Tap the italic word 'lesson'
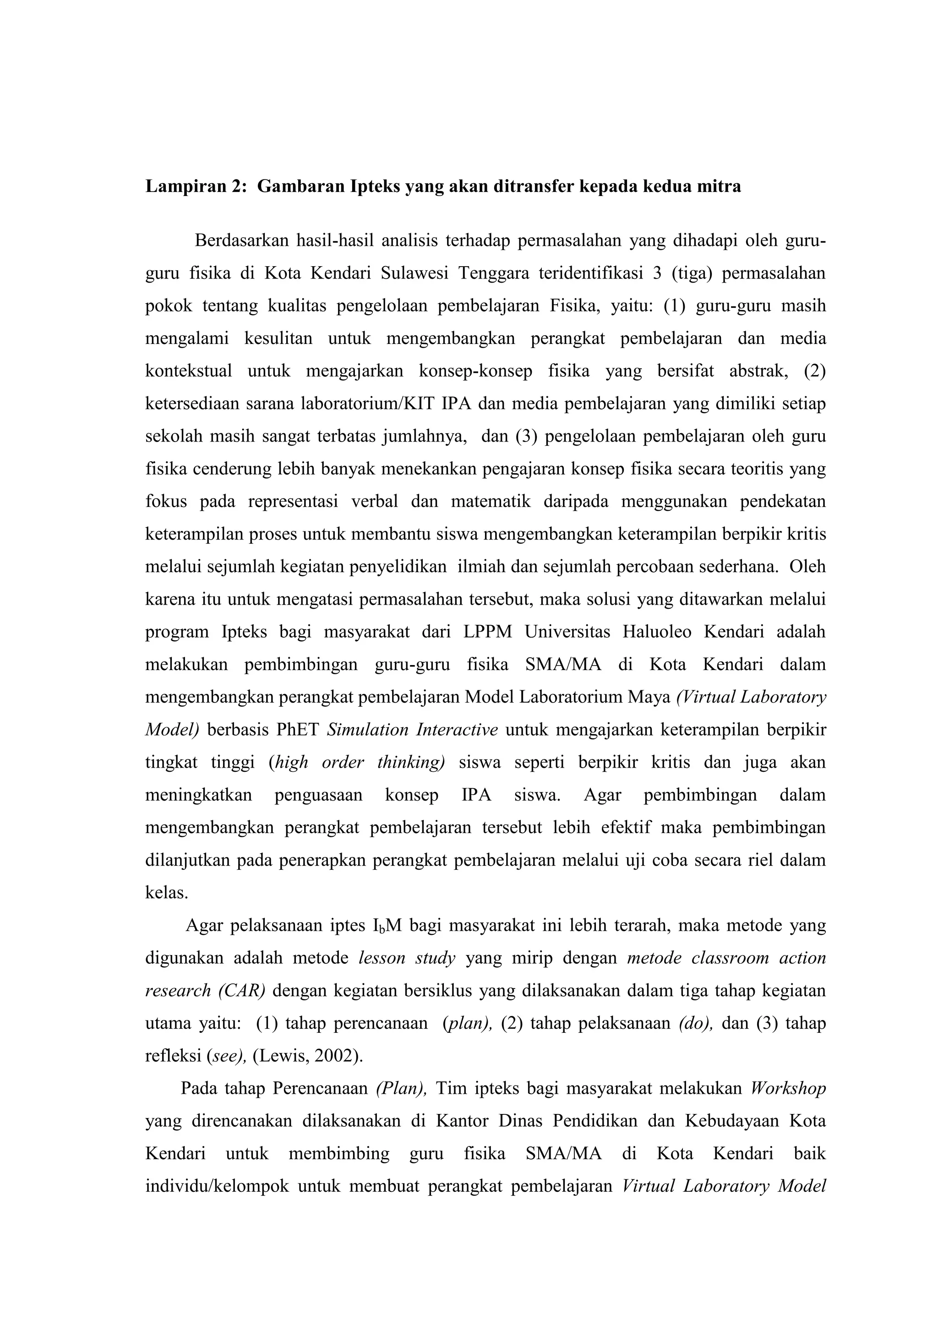pos(382,959)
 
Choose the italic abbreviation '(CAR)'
pos(241,991)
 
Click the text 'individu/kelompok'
pos(217,1187)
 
